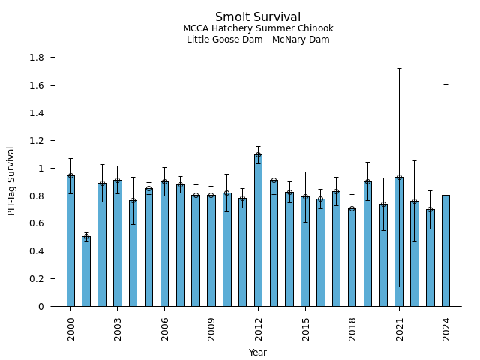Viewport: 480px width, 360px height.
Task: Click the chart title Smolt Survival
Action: click(x=258, y=17)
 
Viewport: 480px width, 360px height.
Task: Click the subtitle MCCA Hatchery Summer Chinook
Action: click(x=258, y=28)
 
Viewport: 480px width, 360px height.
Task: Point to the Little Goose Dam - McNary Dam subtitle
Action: click(x=258, y=40)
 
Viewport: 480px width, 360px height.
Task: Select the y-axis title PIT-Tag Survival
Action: click(x=11, y=181)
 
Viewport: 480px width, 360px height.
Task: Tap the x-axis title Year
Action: click(x=258, y=352)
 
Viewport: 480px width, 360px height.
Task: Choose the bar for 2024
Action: click(x=445, y=250)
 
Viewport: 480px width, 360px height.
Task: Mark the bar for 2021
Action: click(x=399, y=241)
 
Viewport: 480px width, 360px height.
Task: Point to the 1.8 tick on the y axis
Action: click(x=36, y=58)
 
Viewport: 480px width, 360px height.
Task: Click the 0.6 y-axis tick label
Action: click(x=36, y=223)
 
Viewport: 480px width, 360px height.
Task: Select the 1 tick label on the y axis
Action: click(x=41, y=169)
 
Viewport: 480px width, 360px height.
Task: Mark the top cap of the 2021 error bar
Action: click(x=399, y=68)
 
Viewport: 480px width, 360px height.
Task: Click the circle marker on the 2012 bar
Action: click(x=258, y=155)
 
